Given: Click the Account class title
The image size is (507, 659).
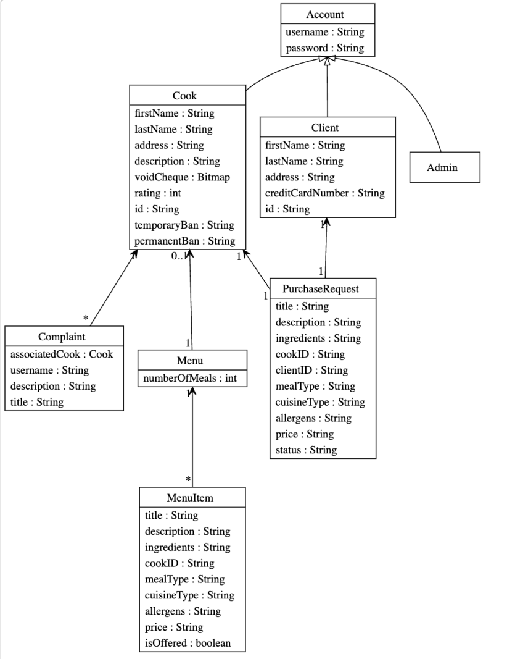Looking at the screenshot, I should (325, 14).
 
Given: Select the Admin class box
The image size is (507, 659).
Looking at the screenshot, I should (445, 167).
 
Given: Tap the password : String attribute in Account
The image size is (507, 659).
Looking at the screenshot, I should (325, 47).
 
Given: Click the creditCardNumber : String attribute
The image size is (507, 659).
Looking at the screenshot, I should (325, 193).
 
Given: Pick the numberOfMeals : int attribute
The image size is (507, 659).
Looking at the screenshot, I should (192, 377).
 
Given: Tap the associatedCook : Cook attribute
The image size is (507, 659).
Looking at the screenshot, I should (62, 355).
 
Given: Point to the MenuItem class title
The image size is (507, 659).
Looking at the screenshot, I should (192, 497).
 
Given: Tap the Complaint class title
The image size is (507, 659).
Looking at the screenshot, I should (62, 337).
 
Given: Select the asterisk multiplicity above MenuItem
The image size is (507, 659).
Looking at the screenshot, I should (188, 479).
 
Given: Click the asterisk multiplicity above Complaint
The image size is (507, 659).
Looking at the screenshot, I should (86, 317).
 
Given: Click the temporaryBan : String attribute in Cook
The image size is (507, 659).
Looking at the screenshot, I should (184, 225).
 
